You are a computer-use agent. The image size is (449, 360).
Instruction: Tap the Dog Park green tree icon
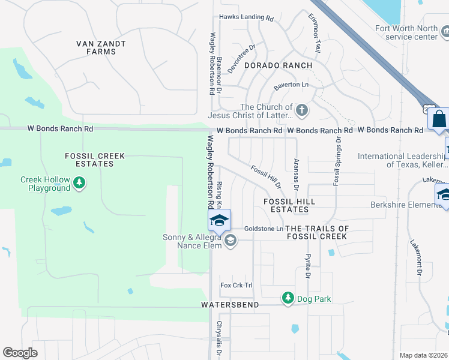(x=288, y=298)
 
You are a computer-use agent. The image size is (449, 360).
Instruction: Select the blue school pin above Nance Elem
(x=219, y=220)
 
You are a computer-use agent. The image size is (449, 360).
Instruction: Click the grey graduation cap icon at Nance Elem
(x=230, y=241)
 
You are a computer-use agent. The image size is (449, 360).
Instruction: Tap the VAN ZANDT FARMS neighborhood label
(x=96, y=47)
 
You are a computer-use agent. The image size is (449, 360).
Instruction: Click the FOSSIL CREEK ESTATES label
(x=95, y=160)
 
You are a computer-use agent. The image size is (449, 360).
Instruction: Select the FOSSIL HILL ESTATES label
(x=289, y=205)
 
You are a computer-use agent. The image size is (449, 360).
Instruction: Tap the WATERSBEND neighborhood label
(x=230, y=305)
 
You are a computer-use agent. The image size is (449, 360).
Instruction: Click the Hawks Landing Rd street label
(x=246, y=17)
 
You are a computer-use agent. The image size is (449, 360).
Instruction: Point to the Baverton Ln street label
(x=291, y=85)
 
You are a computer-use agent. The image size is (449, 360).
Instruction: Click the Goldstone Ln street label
(x=264, y=229)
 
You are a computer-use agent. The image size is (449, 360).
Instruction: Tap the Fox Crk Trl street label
(x=237, y=285)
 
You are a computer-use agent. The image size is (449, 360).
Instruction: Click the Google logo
(x=20, y=353)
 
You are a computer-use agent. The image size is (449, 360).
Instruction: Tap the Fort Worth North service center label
(x=407, y=32)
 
